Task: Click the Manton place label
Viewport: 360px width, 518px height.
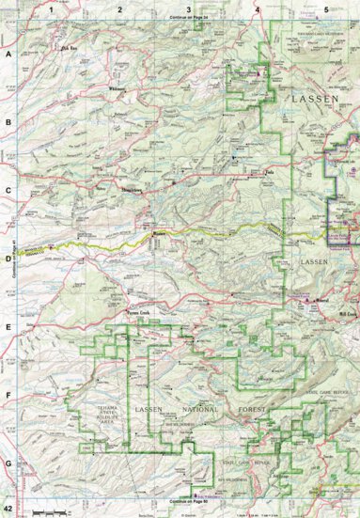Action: (159, 234)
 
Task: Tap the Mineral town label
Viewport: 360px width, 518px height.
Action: (324, 302)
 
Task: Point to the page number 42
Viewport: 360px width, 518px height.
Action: (8, 509)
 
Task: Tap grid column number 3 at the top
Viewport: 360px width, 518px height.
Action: (189, 8)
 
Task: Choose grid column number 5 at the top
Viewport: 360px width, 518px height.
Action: (325, 8)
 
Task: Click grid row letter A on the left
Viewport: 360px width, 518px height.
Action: (8, 55)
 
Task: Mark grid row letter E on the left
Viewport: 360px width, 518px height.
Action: (8, 328)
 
